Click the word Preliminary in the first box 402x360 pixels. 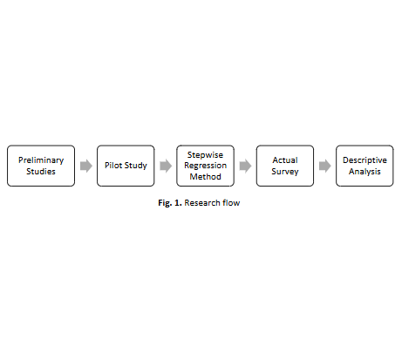coord(41,160)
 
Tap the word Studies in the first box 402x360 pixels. coord(41,172)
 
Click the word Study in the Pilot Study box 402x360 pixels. coord(136,166)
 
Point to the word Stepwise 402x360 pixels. coord(205,155)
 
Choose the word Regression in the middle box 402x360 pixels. coord(205,166)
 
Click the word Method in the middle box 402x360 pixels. coord(205,176)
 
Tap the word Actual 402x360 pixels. coord(285,160)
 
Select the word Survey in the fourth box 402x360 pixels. coord(285,172)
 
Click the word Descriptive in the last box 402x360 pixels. coord(365,160)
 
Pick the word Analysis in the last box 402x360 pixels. coord(365,172)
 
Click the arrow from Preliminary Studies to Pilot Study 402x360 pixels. coord(86,166)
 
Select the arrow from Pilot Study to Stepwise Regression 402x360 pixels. coord(166,166)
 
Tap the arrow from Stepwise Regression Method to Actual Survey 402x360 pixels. coord(245,166)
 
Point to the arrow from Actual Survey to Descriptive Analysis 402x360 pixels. coord(325,166)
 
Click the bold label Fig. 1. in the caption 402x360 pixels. coord(170,203)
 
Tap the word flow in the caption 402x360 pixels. coord(231,203)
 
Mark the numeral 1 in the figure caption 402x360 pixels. coord(177,203)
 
